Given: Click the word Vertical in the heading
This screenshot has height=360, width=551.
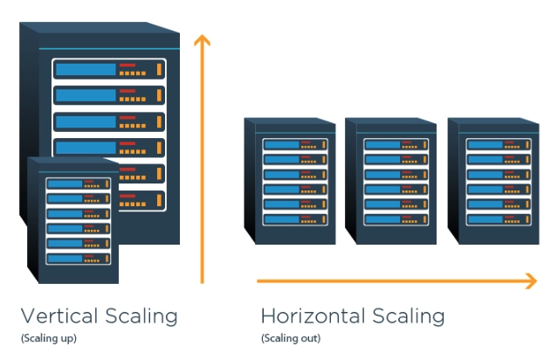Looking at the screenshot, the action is [59, 315].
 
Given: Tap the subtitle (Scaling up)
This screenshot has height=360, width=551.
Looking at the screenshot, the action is [49, 338].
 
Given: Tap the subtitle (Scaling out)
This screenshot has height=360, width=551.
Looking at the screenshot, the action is [291, 338].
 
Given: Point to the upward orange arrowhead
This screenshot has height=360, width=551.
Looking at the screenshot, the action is [202, 39].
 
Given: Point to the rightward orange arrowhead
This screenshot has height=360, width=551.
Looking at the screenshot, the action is [531, 280].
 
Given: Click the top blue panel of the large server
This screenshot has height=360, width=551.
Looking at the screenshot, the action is [86, 69].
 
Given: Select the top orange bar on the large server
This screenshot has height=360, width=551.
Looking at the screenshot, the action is [159, 69].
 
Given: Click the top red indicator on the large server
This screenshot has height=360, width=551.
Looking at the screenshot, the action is [127, 65].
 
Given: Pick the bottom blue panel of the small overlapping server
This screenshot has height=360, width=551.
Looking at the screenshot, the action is [65, 259].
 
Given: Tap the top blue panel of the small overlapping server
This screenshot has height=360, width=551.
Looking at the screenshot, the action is [65, 183].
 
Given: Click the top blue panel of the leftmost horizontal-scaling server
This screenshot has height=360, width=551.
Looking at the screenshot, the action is [282, 144].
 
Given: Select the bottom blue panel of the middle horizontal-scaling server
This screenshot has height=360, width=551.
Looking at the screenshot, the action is [383, 219].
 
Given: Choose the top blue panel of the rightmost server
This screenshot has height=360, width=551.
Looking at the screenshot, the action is [486, 144].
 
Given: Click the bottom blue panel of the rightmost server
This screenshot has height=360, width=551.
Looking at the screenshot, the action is [486, 219].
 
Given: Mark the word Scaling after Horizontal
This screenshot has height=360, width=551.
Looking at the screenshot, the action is [409, 316].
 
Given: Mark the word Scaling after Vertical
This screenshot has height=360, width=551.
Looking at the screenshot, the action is [141, 316].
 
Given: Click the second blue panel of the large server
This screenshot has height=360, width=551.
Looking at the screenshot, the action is [86, 95].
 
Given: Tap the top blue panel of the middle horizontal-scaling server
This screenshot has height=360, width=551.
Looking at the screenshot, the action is [383, 144].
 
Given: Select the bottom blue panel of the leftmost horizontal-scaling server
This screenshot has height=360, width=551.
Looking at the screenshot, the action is [282, 219].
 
